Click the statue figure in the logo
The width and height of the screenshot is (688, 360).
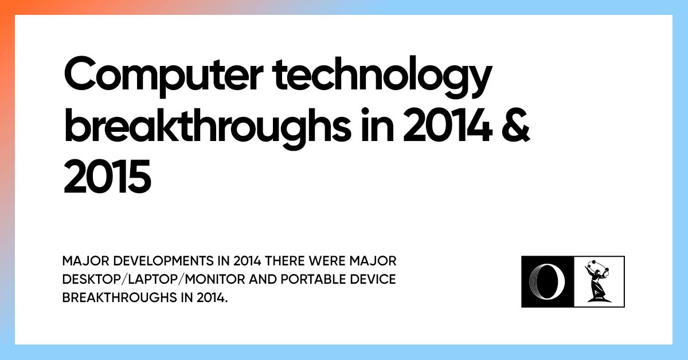598,281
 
